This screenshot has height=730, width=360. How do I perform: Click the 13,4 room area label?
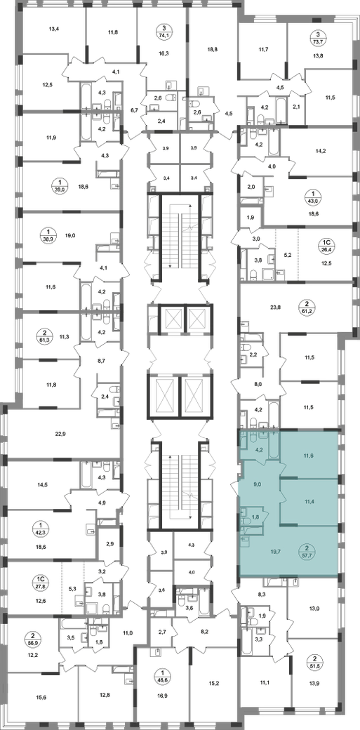point(54,29)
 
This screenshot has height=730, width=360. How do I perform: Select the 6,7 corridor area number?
point(135,110)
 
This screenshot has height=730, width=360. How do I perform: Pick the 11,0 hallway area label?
point(128,632)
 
